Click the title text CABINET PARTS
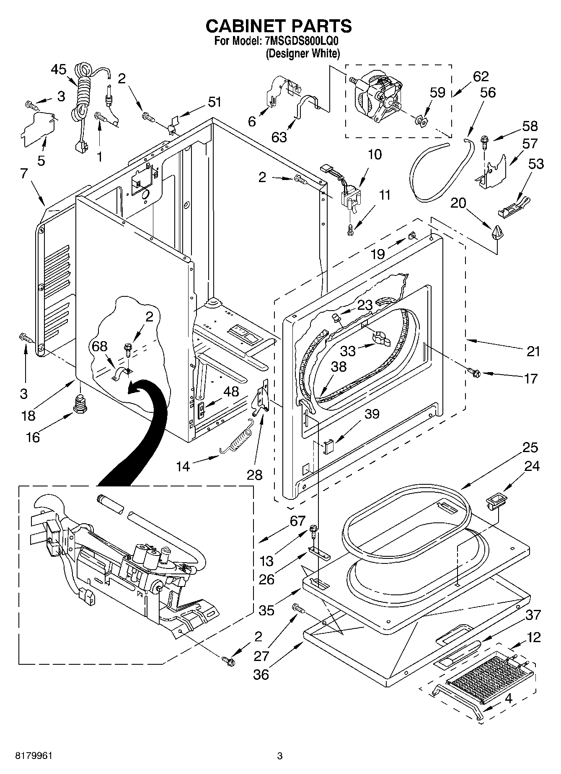[278, 26]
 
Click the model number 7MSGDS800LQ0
[302, 41]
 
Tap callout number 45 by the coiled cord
[59, 69]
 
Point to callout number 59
[437, 93]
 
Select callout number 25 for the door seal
[530, 447]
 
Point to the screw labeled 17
[474, 371]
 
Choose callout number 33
[348, 350]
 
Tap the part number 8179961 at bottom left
[34, 756]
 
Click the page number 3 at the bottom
[280, 756]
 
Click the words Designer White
[302, 54]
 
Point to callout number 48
[231, 392]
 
